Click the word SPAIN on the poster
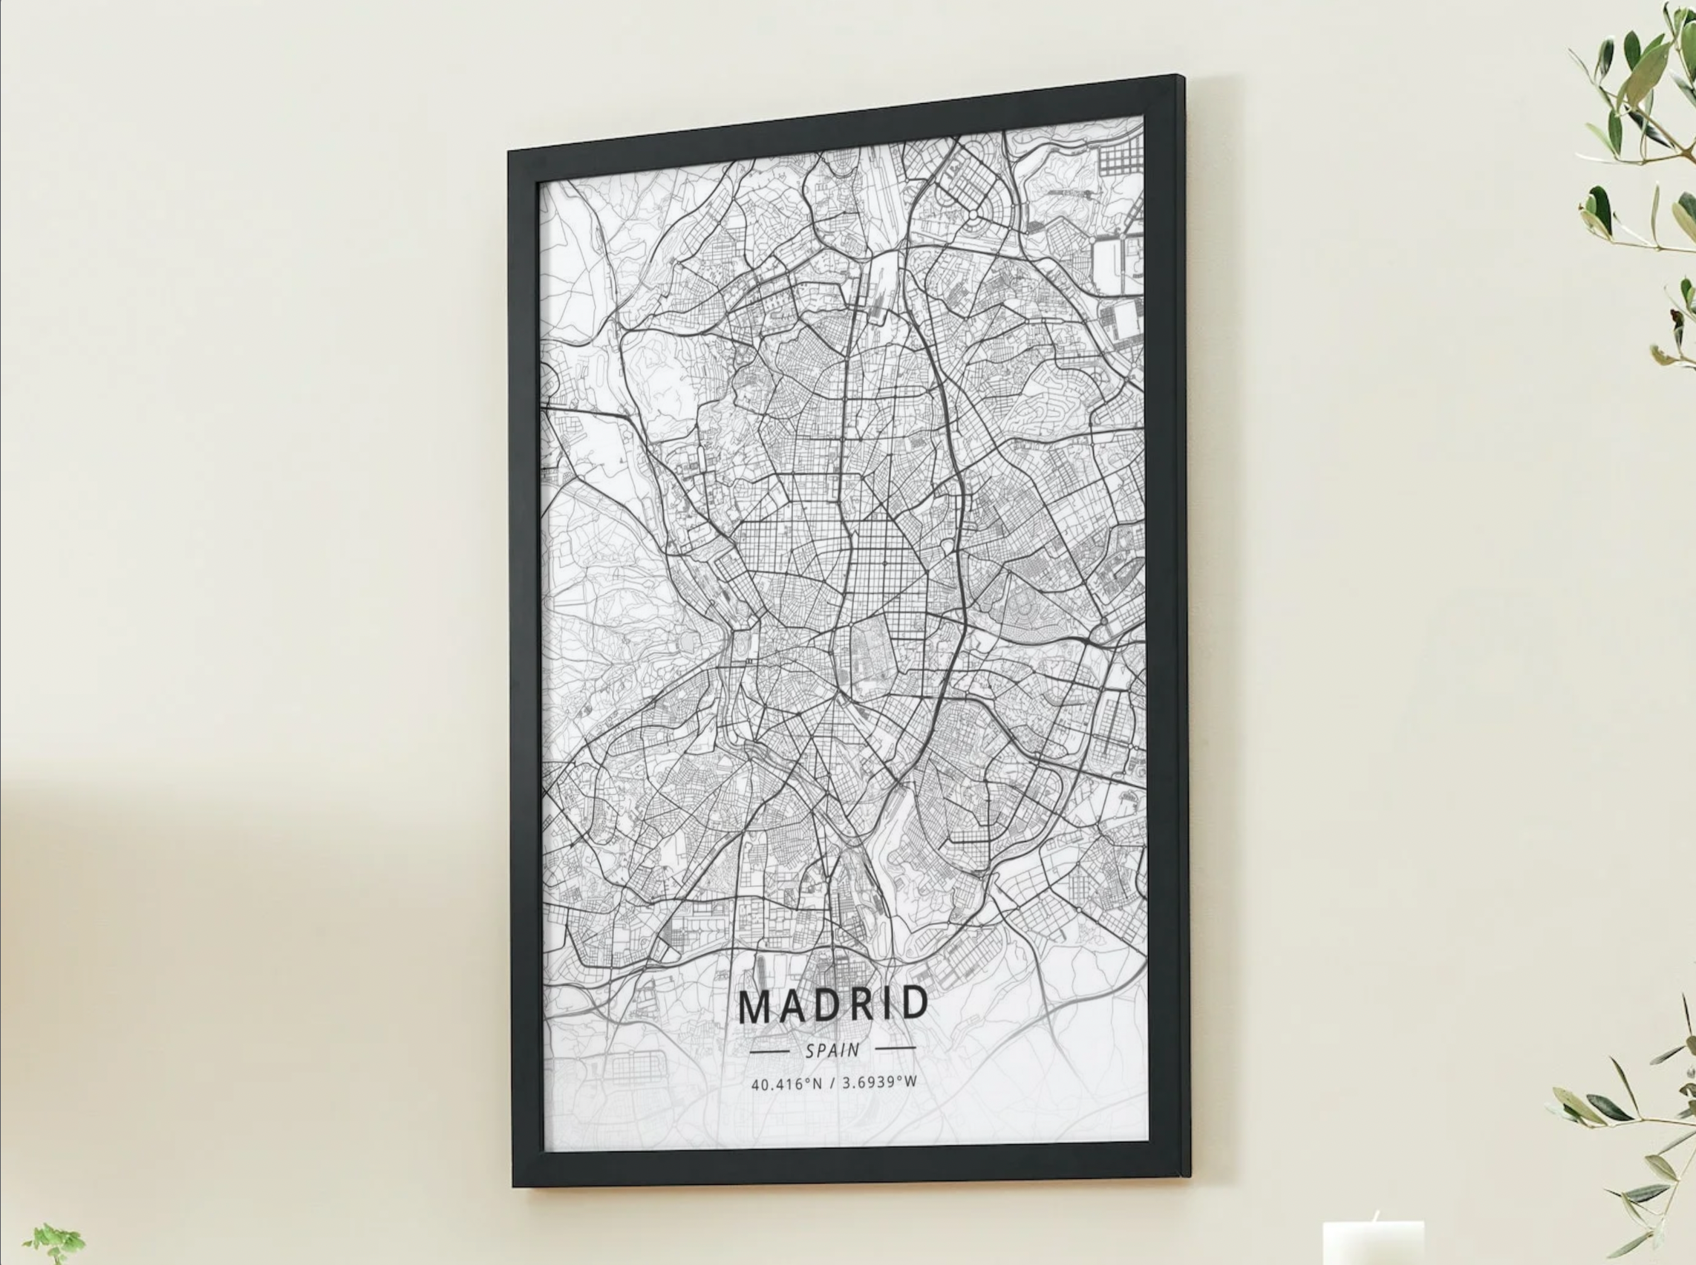(832, 1050)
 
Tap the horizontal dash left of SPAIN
(769, 1052)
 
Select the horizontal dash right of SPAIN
(895, 1047)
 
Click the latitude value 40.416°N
(786, 1085)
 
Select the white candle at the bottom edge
(1373, 1244)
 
